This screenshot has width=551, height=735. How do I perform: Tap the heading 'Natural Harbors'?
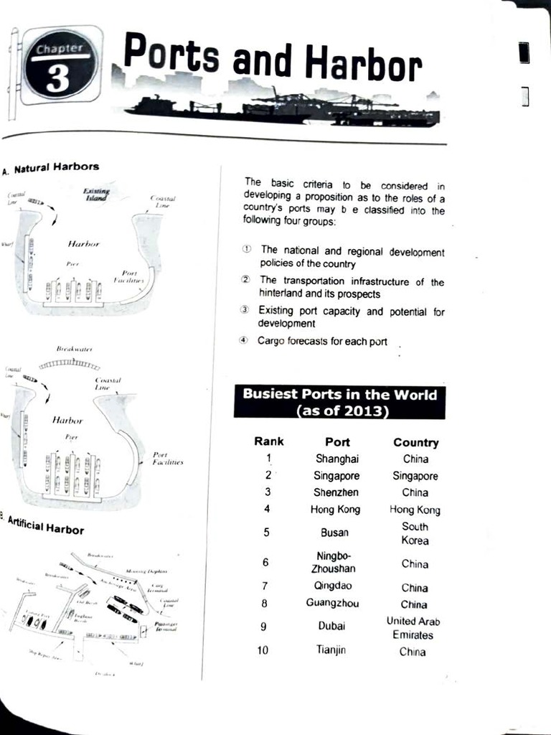tap(56, 168)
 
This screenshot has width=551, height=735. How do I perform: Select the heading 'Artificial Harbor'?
tap(46, 528)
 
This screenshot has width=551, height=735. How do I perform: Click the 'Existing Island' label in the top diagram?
tap(95, 195)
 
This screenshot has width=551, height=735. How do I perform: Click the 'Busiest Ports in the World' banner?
tap(339, 402)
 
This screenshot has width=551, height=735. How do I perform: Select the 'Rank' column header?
tap(268, 441)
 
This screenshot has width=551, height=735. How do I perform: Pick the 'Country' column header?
tap(415, 443)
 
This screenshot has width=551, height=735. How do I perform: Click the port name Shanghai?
tap(336, 459)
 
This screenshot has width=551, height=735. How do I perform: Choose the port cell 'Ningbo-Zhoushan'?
tap(333, 563)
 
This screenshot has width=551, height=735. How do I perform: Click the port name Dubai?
tap(331, 626)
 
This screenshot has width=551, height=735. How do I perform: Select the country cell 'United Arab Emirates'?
tap(413, 627)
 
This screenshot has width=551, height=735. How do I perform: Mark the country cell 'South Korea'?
tap(415, 533)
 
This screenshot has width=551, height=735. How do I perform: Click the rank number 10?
tap(263, 650)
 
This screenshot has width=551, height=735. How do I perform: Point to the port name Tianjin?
tap(331, 650)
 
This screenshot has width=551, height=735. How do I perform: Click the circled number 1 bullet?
tap(247, 248)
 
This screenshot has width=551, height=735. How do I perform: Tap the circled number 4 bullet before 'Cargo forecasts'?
tap(244, 341)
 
